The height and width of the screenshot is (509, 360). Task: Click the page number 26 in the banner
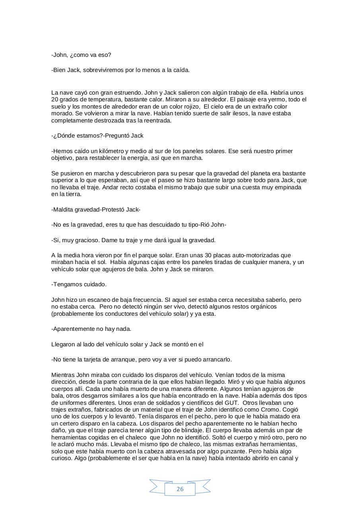click(180, 489)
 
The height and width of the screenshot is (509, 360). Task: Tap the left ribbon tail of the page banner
click(157, 486)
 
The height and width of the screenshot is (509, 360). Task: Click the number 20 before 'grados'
click(55, 99)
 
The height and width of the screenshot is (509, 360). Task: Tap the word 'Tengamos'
click(66, 284)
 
